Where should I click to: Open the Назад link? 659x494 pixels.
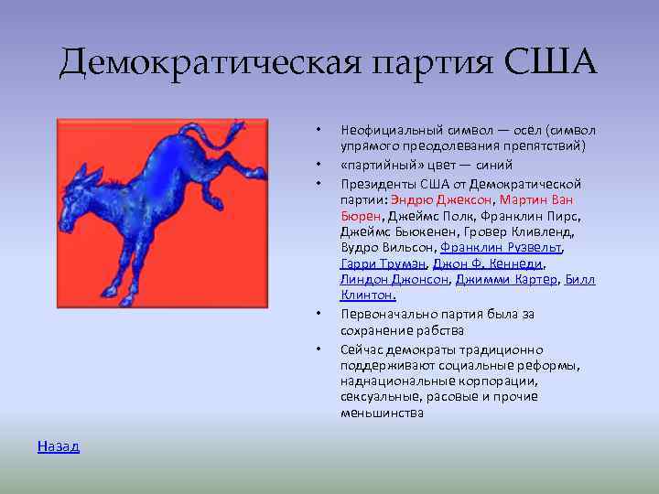tap(59, 446)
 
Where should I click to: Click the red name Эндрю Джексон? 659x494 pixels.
tap(441, 199)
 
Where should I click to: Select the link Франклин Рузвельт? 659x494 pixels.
tap(501, 247)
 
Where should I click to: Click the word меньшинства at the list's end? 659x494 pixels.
tap(382, 413)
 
